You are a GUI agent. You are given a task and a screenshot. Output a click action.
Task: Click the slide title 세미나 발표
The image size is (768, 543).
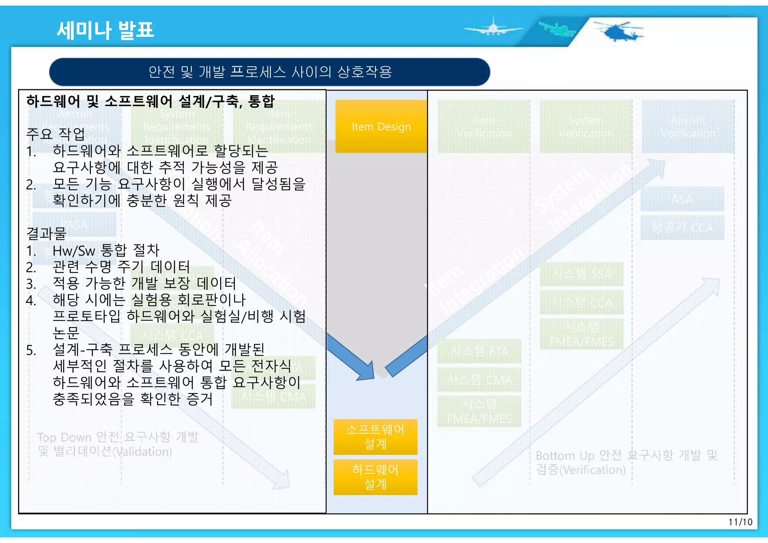pos(105,30)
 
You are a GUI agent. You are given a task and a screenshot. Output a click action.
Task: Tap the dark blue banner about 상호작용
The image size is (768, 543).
pos(270,72)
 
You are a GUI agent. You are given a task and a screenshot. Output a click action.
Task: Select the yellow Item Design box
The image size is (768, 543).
pos(381,127)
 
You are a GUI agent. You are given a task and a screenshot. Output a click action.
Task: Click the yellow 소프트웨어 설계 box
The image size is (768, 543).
pos(375,437)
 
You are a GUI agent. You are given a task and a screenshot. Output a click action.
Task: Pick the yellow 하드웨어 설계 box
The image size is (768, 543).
pos(375,477)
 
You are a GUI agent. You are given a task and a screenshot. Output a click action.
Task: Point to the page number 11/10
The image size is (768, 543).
pos(740,522)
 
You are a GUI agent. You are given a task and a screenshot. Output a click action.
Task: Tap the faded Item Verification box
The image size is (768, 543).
pos(483,127)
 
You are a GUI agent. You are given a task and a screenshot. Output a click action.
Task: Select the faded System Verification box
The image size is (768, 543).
pos(586,127)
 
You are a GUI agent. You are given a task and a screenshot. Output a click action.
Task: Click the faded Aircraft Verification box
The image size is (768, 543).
pos(688,127)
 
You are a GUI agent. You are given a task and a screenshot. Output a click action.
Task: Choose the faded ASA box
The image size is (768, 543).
pos(682,199)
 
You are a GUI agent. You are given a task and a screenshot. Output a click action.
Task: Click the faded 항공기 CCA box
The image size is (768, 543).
pos(682,227)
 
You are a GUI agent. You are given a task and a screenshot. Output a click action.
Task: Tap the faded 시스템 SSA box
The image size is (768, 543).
pos(582,274)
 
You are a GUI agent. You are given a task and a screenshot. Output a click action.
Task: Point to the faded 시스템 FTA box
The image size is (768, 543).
pos(479,351)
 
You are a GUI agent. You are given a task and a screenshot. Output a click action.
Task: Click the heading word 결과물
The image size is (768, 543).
pos(46,233)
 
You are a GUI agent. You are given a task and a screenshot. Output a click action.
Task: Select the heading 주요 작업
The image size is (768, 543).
pos(55,134)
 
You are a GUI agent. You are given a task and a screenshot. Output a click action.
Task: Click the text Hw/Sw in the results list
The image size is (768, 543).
pos(74,250)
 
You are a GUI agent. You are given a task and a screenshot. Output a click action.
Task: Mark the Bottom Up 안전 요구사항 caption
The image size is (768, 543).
pos(626,462)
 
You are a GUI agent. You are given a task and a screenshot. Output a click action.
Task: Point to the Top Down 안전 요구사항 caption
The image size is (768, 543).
pos(117,444)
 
